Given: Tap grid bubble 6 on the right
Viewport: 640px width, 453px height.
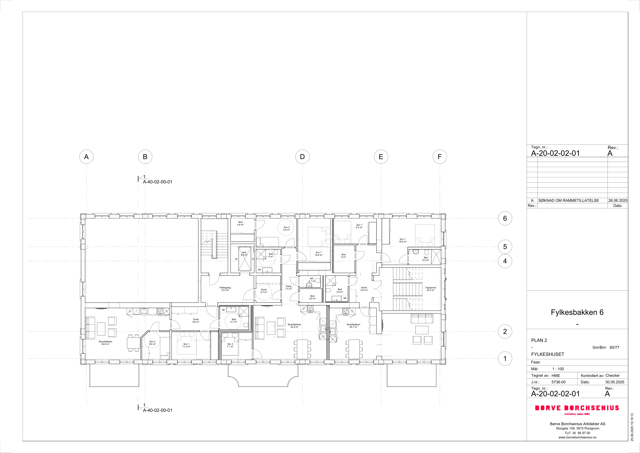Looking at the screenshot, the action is tap(505, 219).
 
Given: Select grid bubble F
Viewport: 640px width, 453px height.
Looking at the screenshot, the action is tap(440, 157).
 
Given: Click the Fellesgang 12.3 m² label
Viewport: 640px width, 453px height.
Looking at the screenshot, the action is tap(225, 289).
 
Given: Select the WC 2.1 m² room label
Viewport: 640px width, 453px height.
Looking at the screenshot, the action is tap(312, 280).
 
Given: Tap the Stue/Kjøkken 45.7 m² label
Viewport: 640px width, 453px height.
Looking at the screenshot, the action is tap(353, 326).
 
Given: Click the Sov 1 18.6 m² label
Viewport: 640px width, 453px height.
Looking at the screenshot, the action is tap(403, 240).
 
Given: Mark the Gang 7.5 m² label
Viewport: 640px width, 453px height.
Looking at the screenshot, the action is tap(289, 287).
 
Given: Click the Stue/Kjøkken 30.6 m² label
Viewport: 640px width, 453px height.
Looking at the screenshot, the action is tap(105, 343).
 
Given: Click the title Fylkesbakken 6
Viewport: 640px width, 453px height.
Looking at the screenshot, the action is tap(577, 312).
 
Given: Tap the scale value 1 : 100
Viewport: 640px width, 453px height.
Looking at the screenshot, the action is tap(558, 369).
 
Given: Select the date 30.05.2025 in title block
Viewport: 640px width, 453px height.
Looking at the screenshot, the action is tap(615, 382).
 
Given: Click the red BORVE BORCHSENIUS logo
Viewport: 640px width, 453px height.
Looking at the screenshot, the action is tap(577, 408).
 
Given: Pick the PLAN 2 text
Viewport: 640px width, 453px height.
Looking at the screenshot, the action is tap(539, 340).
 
